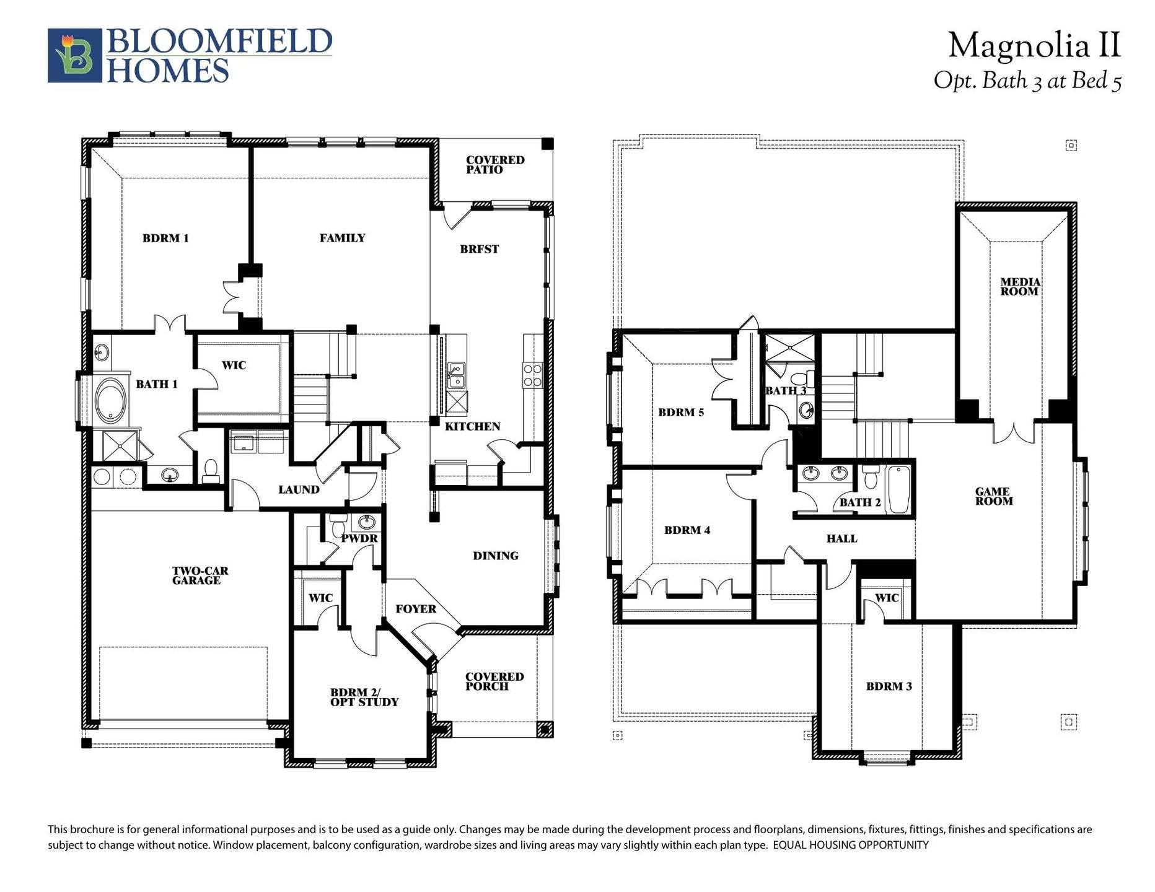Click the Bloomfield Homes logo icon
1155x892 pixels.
pyautogui.click(x=74, y=56)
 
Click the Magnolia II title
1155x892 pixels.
pyautogui.click(x=1034, y=46)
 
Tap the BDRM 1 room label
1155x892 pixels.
pyautogui.click(x=165, y=238)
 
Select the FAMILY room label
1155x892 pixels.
pyautogui.click(x=342, y=238)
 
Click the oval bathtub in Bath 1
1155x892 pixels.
pyautogui.click(x=110, y=401)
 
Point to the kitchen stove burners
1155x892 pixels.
pyautogui.click(x=532, y=375)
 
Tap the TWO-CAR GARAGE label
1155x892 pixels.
pyautogui.click(x=196, y=575)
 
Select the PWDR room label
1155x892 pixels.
pyautogui.click(x=359, y=538)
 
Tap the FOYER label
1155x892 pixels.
pyautogui.click(x=416, y=609)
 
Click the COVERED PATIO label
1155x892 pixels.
pyautogui.click(x=494, y=165)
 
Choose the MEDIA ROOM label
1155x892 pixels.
pyautogui.click(x=1019, y=287)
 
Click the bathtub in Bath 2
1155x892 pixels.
pyautogui.click(x=897, y=490)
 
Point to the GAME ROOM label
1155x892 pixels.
pyautogui.click(x=993, y=496)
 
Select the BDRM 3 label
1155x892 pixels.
pyautogui.click(x=889, y=686)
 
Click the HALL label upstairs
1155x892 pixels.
pyautogui.click(x=841, y=539)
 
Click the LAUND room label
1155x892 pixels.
pyautogui.click(x=299, y=490)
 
